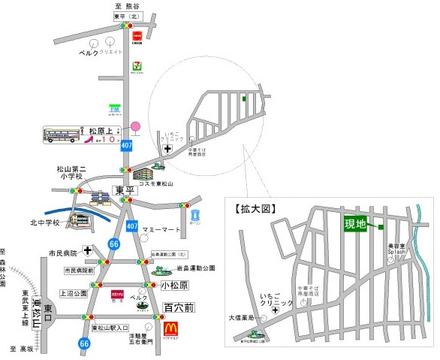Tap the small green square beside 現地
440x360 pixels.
tap(381, 227)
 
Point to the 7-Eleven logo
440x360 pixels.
tap(137, 66)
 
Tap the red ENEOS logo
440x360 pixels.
tap(137, 35)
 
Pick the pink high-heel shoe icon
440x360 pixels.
tap(88, 138)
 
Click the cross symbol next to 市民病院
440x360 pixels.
tap(88, 250)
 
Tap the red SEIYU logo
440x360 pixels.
tap(116, 294)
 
